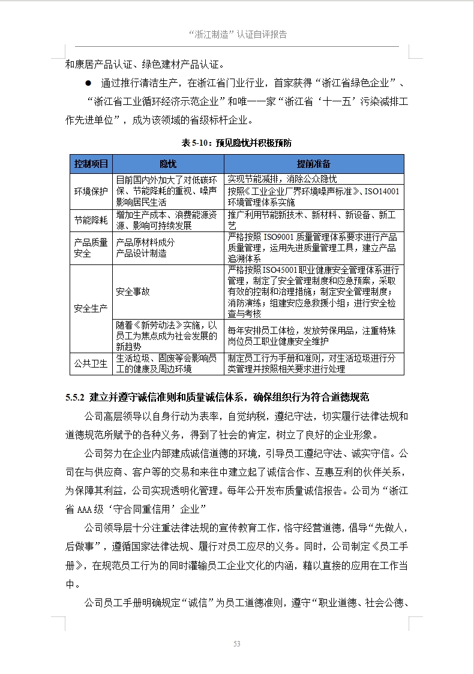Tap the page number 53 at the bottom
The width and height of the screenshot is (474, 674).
(237, 643)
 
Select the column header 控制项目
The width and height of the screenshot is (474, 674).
(91, 164)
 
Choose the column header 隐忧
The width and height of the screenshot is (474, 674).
(168, 164)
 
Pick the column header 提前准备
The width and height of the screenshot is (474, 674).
(313, 164)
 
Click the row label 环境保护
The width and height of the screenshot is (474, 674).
(91, 191)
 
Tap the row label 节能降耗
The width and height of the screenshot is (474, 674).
(91, 220)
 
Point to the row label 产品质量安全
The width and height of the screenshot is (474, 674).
(91, 248)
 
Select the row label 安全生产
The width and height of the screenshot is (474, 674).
(91, 309)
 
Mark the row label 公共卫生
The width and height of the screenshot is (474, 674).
(91, 363)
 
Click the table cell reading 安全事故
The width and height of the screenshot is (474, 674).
(133, 291)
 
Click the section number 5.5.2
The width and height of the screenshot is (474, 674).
(76, 397)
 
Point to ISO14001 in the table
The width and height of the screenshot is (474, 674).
(382, 191)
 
